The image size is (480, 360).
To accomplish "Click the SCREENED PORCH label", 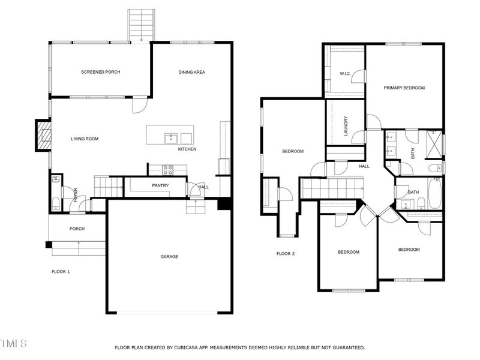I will [x=101, y=72].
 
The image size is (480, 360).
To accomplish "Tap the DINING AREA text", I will [x=192, y=72].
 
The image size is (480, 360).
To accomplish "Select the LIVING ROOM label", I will [x=85, y=139].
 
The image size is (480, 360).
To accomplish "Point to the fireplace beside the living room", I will [x=43, y=135].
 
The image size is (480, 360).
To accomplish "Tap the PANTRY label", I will [x=160, y=185].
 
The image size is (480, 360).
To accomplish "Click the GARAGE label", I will [x=169, y=257].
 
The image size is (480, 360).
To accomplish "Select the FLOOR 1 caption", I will [x=61, y=272].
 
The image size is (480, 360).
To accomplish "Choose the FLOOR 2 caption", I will [x=286, y=254].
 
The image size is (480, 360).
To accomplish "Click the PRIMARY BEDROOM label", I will [x=404, y=88].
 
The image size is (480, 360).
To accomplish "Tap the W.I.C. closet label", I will [x=344, y=74].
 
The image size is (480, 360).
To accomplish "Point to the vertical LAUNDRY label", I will [x=346, y=126].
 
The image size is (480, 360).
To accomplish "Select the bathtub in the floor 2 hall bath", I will [x=434, y=196].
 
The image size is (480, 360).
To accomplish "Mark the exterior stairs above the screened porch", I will [x=141, y=25].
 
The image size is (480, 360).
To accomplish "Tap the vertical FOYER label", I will [x=76, y=194].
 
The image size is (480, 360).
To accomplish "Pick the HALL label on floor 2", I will [x=364, y=166].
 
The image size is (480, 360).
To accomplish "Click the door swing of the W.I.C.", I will [x=358, y=76].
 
